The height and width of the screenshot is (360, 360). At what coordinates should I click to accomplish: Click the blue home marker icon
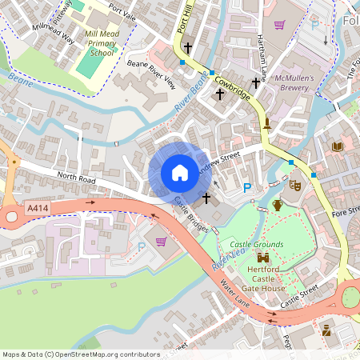click(180, 173)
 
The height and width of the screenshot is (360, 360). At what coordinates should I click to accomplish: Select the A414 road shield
click(37, 208)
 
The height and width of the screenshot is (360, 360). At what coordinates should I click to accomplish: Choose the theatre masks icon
click(295, 185)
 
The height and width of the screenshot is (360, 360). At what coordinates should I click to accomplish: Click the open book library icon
click(338, 146)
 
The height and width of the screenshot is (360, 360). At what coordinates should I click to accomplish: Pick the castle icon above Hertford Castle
click(262, 258)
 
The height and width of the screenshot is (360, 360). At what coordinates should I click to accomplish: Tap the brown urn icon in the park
click(278, 206)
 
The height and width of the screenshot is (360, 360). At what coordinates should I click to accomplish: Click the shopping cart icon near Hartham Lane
click(279, 25)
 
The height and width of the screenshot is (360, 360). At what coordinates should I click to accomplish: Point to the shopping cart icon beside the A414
click(161, 242)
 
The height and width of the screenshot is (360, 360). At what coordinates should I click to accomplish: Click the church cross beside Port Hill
click(187, 48)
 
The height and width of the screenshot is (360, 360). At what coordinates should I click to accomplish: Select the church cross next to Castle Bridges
click(206, 198)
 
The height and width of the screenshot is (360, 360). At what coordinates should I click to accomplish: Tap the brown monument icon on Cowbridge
click(267, 124)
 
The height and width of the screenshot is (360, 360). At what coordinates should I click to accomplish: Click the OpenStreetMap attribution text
click(80, 354)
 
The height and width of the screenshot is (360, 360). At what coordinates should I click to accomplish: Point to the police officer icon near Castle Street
click(326, 329)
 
